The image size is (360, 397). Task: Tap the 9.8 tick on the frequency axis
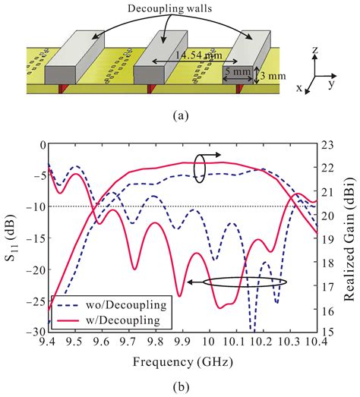click(156, 343)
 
